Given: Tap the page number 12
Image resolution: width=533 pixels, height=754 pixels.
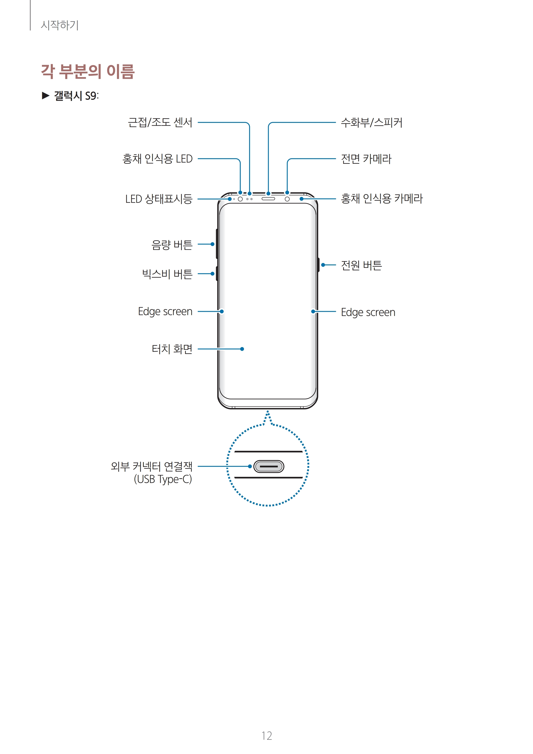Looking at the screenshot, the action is tap(267, 736).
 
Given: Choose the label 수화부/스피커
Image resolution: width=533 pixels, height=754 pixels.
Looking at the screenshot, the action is tap(372, 122).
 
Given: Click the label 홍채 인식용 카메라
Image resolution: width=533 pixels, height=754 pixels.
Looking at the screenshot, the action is tap(382, 199).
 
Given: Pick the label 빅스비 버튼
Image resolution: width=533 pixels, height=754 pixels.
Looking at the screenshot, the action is tap(167, 274).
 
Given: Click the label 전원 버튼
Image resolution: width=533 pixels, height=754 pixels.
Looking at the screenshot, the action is tap(361, 265).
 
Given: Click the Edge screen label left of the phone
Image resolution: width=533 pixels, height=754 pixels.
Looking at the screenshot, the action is tap(165, 311).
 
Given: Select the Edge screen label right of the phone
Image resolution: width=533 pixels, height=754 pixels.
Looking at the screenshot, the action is tap(368, 312).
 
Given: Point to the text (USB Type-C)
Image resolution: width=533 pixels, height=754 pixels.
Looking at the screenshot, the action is tap(163, 479).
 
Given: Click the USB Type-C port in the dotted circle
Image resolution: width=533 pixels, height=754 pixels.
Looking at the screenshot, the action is tap(269, 466).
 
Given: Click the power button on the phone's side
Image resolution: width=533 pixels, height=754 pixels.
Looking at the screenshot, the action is tap(318, 265).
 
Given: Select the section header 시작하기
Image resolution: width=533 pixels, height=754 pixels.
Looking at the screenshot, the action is tap(59, 25).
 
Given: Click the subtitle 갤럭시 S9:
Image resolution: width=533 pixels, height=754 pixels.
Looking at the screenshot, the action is tap(76, 96).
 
